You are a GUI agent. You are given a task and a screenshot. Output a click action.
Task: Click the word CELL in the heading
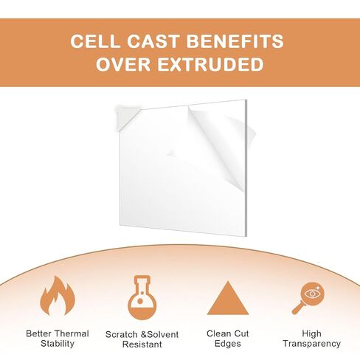tap(94, 41)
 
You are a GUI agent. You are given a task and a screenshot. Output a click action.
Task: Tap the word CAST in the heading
tap(152, 41)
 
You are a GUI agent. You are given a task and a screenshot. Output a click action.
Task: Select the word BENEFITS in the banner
tap(235, 41)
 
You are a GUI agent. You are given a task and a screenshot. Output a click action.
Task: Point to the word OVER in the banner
tap(123, 64)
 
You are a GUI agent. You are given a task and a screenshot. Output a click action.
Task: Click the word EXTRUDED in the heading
tap(210, 64)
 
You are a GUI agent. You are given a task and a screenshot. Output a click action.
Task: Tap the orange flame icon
tap(58, 296)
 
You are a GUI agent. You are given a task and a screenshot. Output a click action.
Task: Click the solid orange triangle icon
tap(228, 298)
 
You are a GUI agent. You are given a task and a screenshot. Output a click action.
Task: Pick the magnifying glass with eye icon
tap(308, 298)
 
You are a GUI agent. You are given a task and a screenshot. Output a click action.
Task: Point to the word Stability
tap(58, 344)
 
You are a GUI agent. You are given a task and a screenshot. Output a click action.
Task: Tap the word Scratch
tap(122, 334)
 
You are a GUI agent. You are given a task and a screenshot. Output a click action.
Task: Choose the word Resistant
tap(142, 345)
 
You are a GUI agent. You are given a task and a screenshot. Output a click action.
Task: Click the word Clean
tap(218, 333)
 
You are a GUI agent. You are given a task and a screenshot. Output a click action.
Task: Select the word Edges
tap(228, 344)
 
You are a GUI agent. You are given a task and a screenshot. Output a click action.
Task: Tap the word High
tap(311, 333)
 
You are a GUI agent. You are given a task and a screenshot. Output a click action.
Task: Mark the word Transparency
tap(311, 344)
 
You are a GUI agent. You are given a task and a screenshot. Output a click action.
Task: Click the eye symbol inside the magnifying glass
tap(312, 294)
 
